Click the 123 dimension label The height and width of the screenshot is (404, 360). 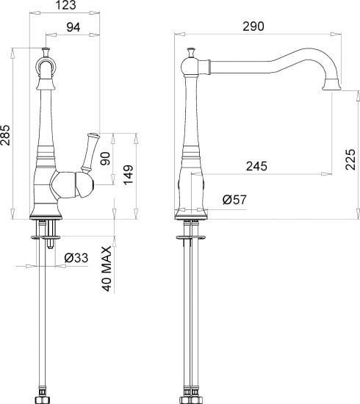tap(66, 5)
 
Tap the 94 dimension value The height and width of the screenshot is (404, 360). tap(73, 27)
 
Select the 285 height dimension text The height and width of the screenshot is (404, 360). tap(5, 135)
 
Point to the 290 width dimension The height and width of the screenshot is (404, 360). tap(253, 26)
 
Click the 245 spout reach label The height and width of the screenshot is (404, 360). tap(256, 166)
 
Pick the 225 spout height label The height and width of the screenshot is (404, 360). tap(350, 159)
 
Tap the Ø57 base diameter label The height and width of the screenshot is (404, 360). tap(235, 200)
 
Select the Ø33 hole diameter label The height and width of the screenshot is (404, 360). tap(76, 258)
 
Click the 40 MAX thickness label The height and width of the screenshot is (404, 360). tap(107, 269)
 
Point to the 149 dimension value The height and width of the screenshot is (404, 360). tap(128, 175)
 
